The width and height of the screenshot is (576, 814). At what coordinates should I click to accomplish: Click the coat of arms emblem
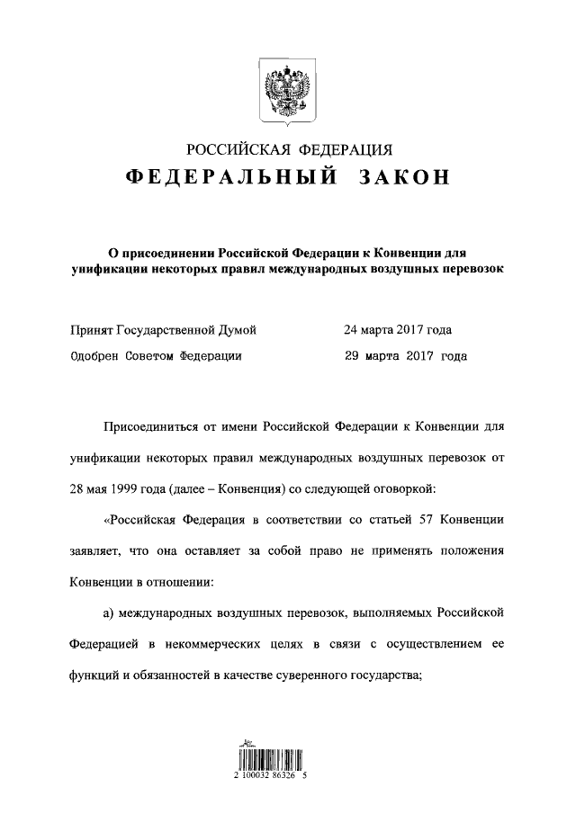tap(287, 90)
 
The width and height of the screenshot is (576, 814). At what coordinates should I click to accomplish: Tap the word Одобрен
tap(95, 355)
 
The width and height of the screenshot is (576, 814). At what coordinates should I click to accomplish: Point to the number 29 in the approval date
tap(354, 355)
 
